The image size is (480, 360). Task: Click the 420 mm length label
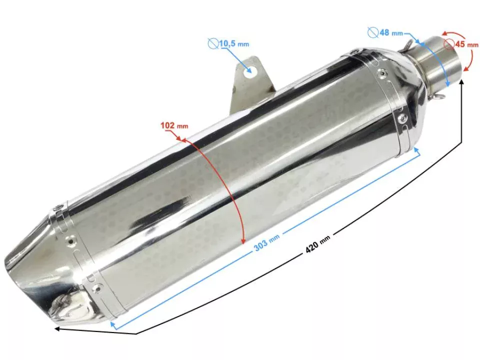317,245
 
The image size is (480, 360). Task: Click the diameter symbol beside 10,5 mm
212,44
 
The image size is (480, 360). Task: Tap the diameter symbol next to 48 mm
373,33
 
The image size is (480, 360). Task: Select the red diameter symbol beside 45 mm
448,43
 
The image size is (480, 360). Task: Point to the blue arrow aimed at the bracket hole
240,60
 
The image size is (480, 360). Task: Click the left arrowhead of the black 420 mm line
57,328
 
